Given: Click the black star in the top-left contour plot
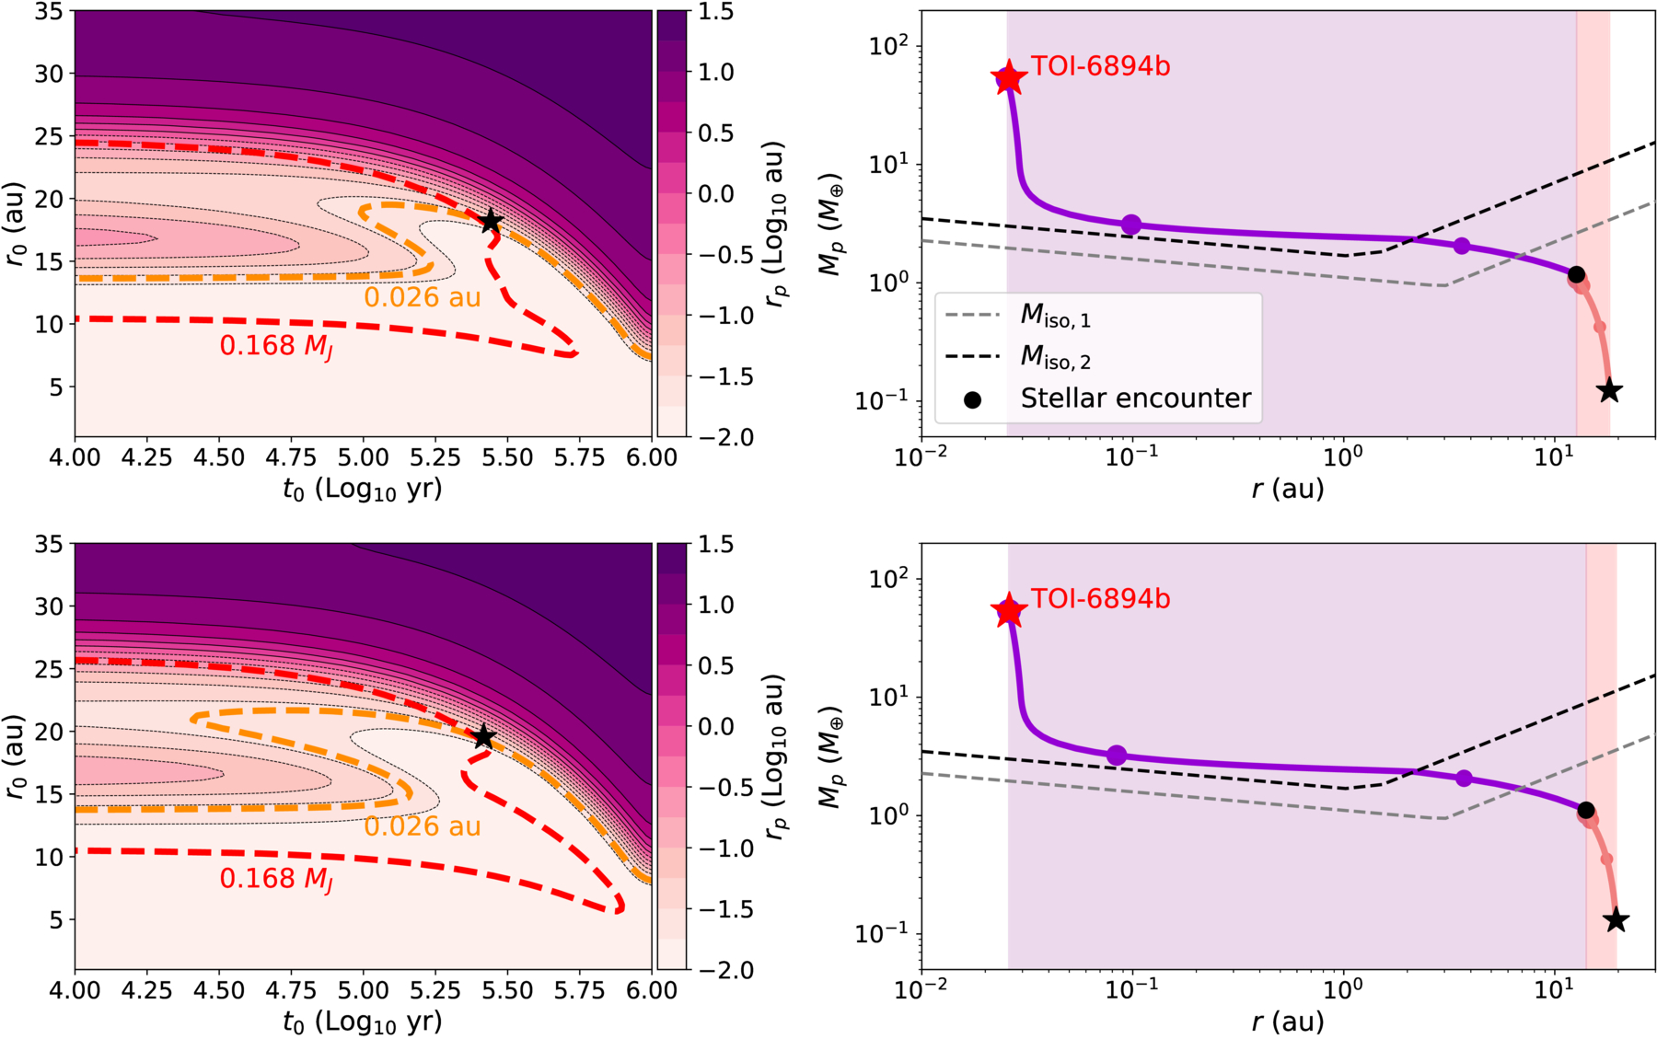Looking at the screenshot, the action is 491,221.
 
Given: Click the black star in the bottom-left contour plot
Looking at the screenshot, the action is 484,737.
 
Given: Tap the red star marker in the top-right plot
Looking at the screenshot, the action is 1009,78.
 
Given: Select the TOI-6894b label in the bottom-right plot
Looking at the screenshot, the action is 1100,599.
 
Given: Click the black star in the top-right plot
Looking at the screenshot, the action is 1609,390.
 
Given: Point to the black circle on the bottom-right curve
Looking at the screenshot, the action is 1585,810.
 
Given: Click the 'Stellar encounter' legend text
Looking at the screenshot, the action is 1136,398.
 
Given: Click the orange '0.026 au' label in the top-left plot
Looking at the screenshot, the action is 423,297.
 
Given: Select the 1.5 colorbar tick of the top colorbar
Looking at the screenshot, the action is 715,11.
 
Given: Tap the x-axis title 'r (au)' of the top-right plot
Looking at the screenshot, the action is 1288,488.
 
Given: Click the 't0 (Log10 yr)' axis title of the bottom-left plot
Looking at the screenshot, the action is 363,1022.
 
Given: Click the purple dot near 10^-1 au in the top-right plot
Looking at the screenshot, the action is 1131,225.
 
